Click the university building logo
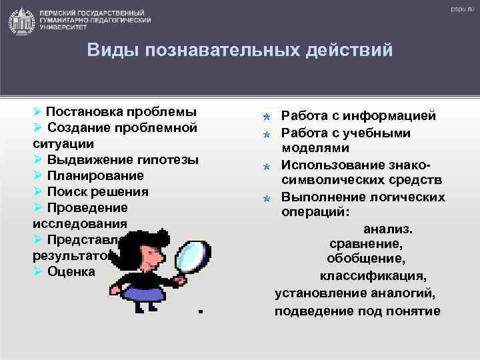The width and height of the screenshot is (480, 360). tap(23, 21)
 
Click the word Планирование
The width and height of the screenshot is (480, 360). tap(95, 175)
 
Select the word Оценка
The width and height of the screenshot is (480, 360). tap(71, 271)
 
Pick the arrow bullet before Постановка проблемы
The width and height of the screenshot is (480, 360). tap(38, 111)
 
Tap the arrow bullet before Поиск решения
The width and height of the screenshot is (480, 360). tap(38, 191)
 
